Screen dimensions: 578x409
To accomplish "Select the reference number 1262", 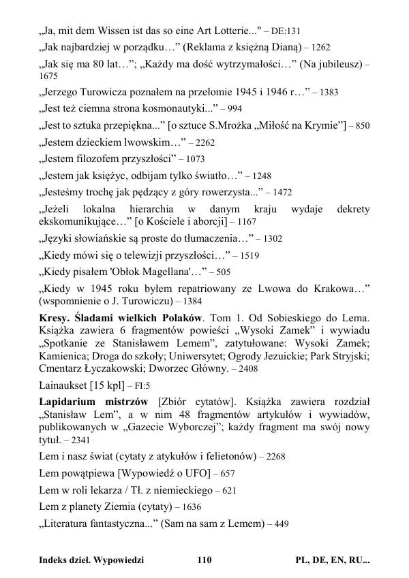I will [x=320, y=48].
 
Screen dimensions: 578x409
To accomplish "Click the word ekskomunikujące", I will [x=84, y=222].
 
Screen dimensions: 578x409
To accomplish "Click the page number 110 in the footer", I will [x=204, y=560].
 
